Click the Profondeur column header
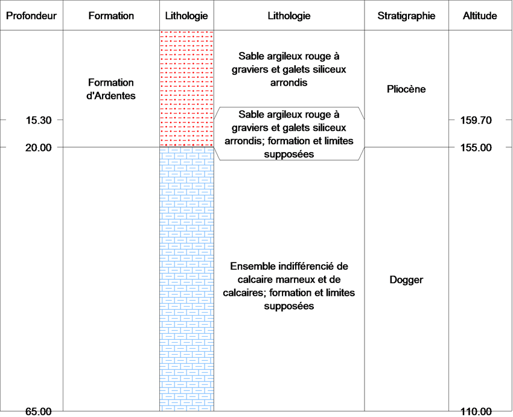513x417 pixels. [x=31, y=16]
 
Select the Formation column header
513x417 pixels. [x=111, y=16]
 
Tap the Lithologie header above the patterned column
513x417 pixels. [x=186, y=16]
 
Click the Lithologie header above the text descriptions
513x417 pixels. [x=289, y=16]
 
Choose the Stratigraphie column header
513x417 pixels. [x=406, y=16]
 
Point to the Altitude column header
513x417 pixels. [x=480, y=16]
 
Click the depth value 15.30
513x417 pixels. [x=39, y=120]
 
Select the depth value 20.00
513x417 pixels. [x=39, y=147]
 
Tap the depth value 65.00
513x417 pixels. [x=39, y=412]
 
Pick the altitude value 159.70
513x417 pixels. [x=476, y=120]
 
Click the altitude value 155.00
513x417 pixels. [x=476, y=147]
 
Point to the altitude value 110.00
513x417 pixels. [x=476, y=412]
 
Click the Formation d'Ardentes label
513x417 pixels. [x=111, y=89]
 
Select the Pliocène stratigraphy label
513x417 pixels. [x=406, y=89]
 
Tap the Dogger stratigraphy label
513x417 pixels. [x=406, y=279]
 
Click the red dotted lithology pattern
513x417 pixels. [x=186, y=89]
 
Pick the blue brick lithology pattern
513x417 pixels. [x=186, y=279]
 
